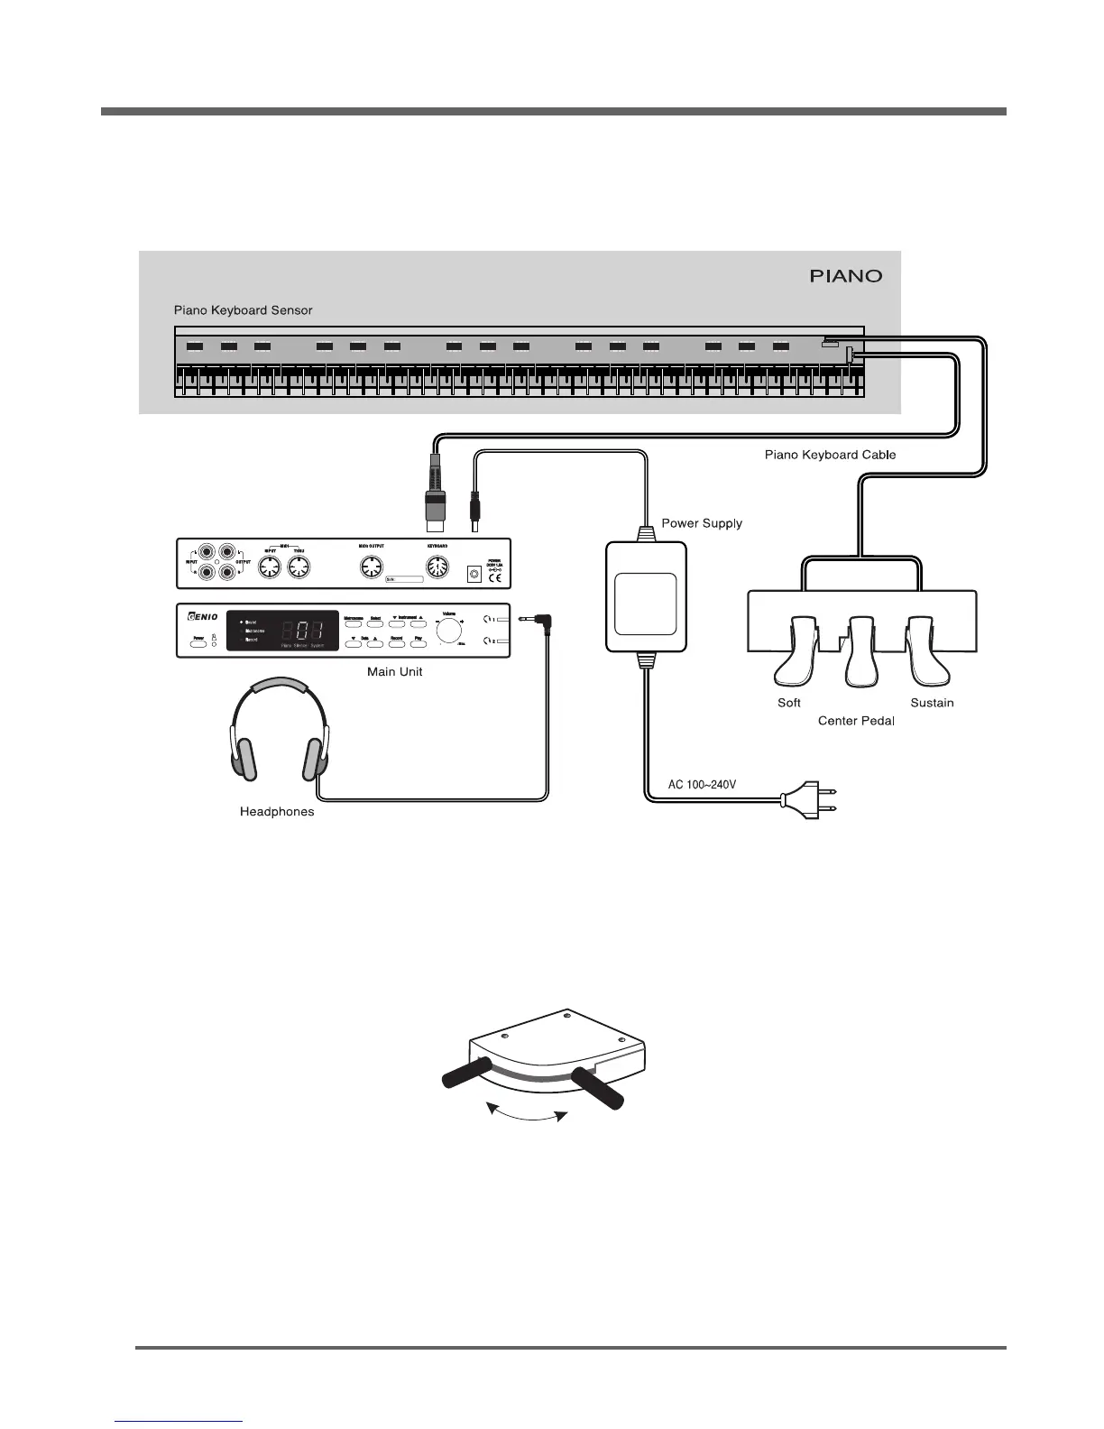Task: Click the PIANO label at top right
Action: (x=845, y=276)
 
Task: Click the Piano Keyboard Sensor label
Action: (x=243, y=310)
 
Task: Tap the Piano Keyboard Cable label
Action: (x=830, y=455)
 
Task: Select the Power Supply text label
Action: (x=702, y=523)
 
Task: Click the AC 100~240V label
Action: (x=702, y=784)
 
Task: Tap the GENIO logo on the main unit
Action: (x=202, y=617)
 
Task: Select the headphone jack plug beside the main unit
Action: (x=535, y=620)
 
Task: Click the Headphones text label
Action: (x=277, y=812)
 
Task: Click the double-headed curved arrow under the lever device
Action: (x=527, y=1117)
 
